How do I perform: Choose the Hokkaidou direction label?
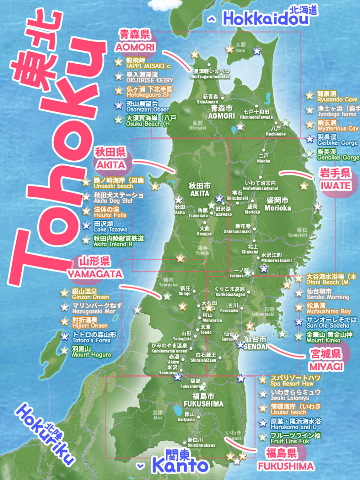266,19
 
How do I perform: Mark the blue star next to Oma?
257,51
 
